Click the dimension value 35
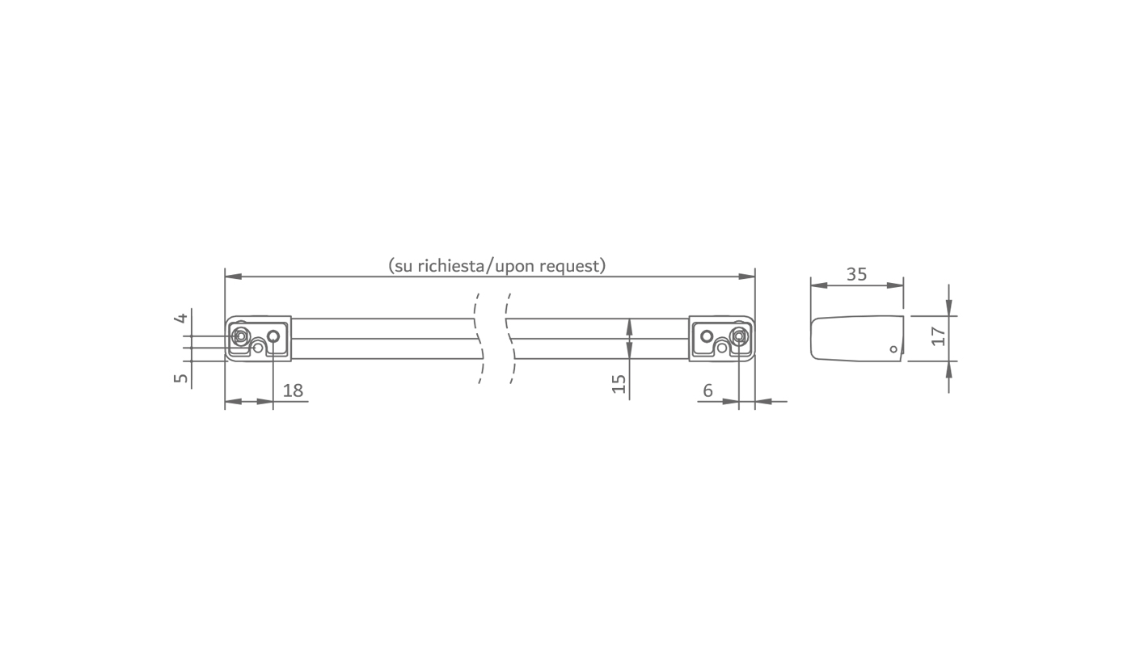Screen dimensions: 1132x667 coord(856,274)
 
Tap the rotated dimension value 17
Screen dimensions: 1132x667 coord(939,336)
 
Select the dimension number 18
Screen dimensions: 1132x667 coord(293,390)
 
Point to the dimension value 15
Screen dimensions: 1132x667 coord(619,384)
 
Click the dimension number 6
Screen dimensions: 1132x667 coord(707,390)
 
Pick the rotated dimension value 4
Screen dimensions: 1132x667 coord(181,318)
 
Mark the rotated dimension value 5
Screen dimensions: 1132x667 coord(181,378)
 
